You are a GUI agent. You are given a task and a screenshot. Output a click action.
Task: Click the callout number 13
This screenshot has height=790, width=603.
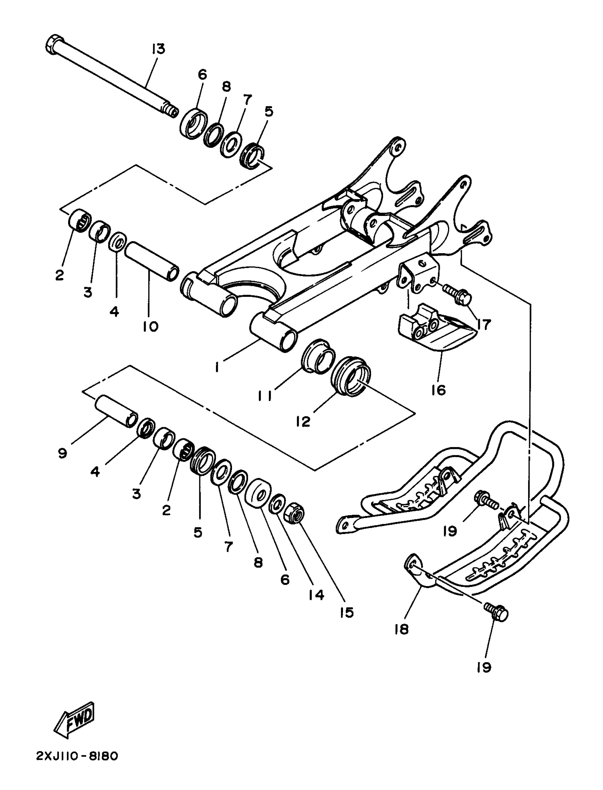point(158,49)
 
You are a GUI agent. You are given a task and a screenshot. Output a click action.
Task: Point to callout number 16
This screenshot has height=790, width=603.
point(438,390)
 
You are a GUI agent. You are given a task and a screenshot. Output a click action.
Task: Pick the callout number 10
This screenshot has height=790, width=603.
point(150,327)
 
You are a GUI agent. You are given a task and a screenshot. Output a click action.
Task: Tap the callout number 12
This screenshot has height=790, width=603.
point(303,422)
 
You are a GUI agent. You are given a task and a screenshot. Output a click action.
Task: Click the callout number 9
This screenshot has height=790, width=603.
point(62,454)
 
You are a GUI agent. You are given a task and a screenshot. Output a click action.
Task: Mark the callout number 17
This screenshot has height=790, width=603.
point(483,325)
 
